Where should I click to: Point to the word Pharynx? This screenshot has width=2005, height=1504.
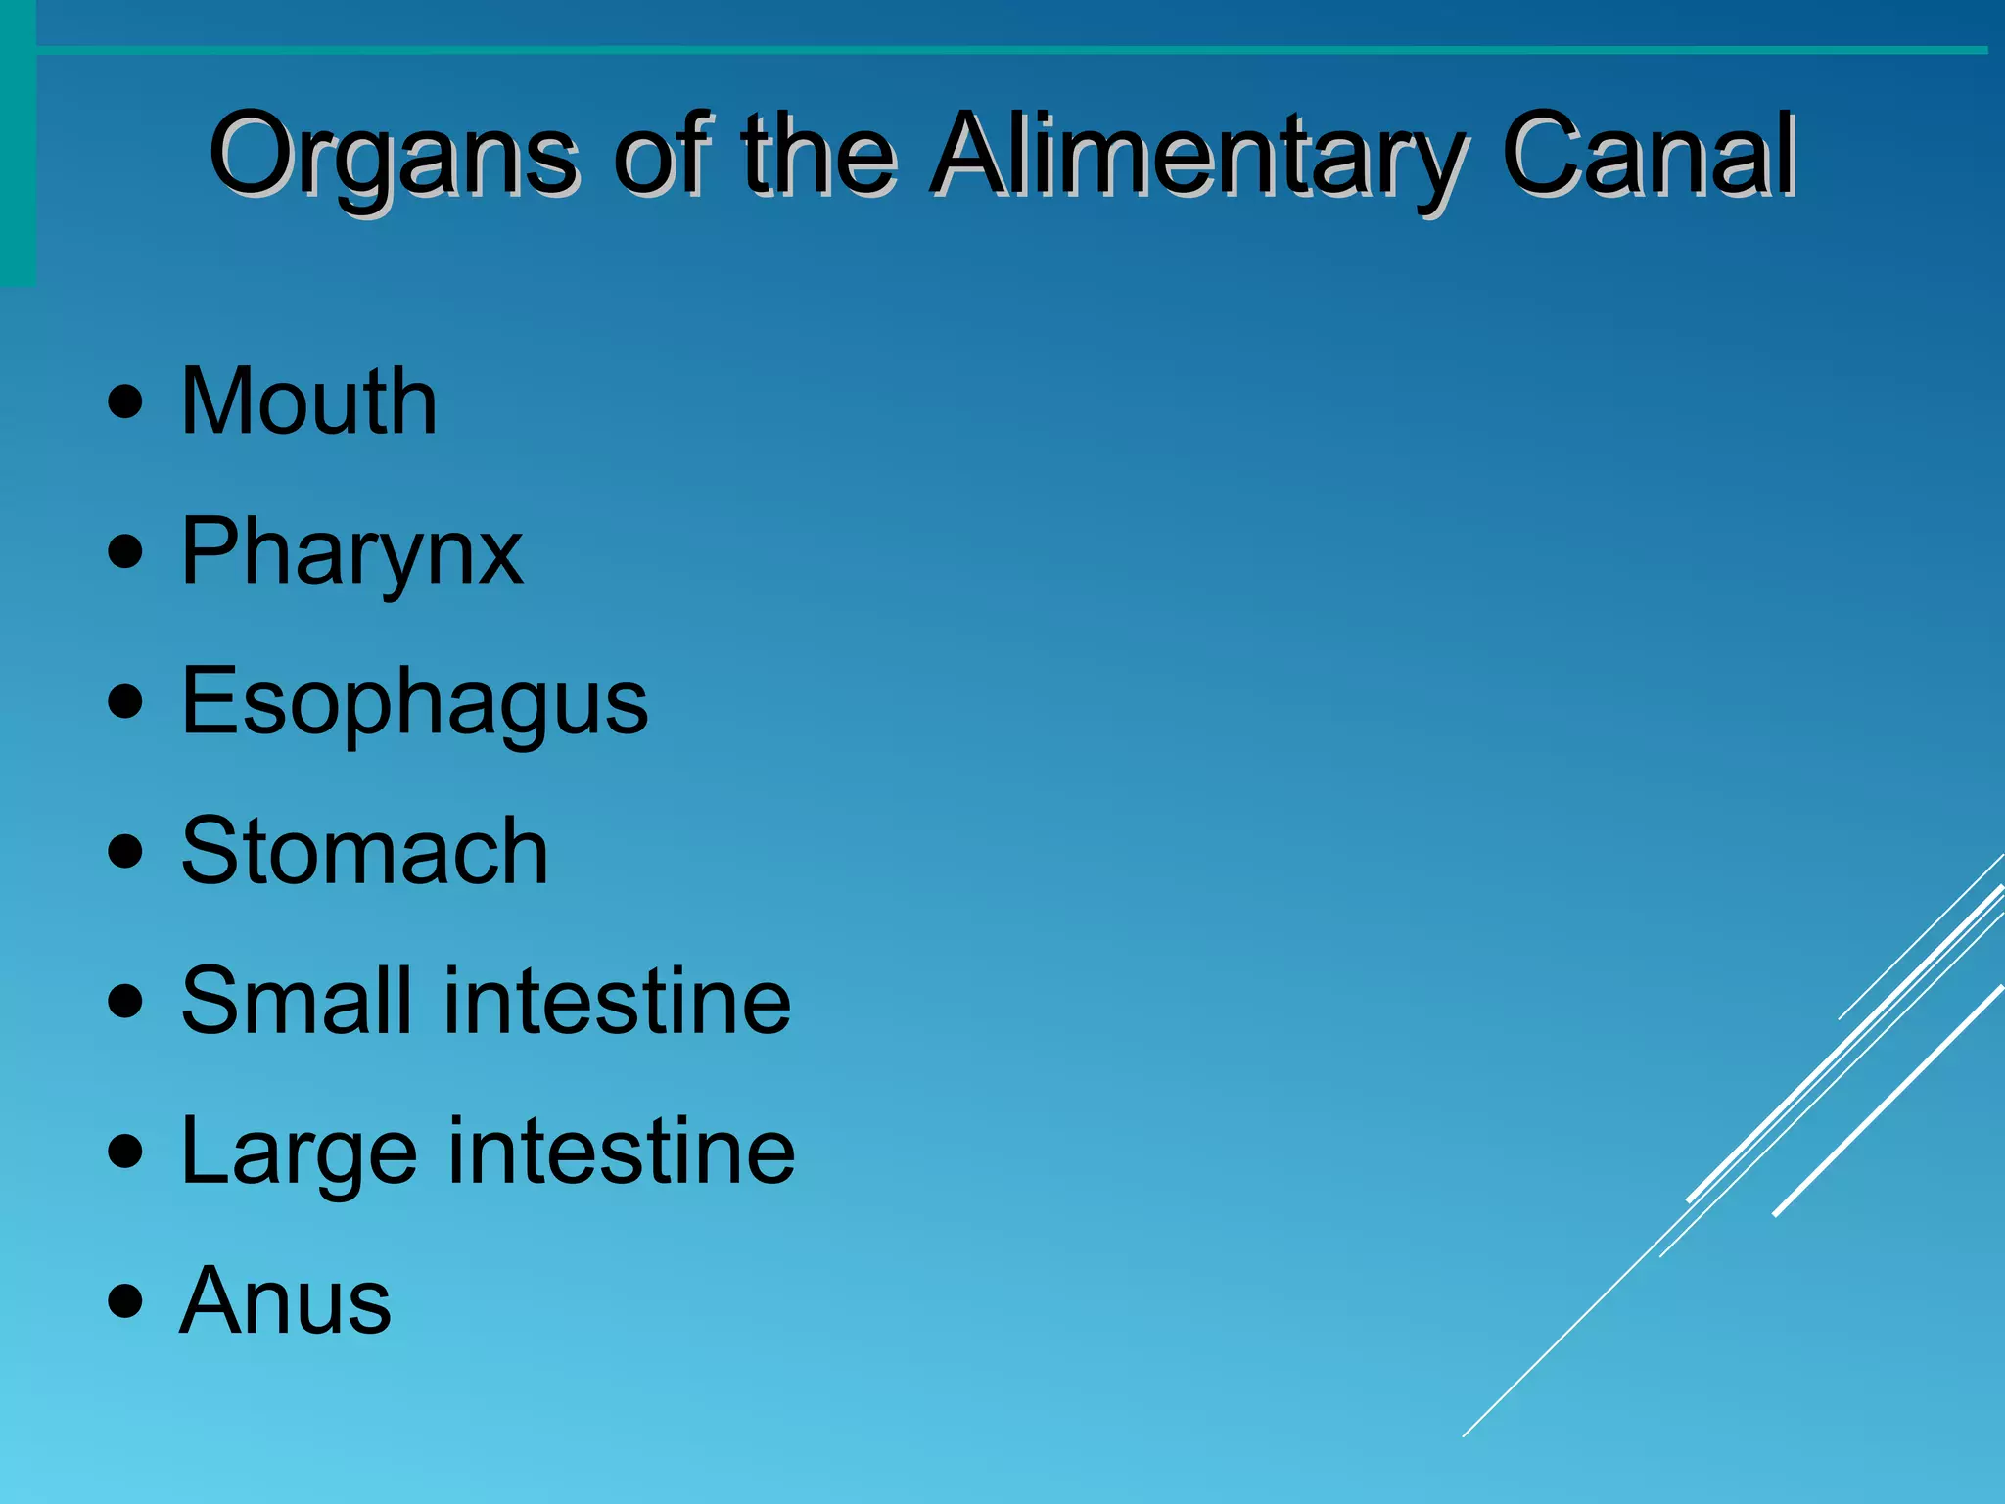point(352,554)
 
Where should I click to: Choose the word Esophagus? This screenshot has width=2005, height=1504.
point(415,703)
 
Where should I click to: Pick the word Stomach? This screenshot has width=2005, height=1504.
point(365,852)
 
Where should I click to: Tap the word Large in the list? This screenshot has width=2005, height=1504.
point(299,1153)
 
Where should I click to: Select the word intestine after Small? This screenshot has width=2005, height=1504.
point(618,1001)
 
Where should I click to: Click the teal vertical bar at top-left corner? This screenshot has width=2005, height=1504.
point(18,147)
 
